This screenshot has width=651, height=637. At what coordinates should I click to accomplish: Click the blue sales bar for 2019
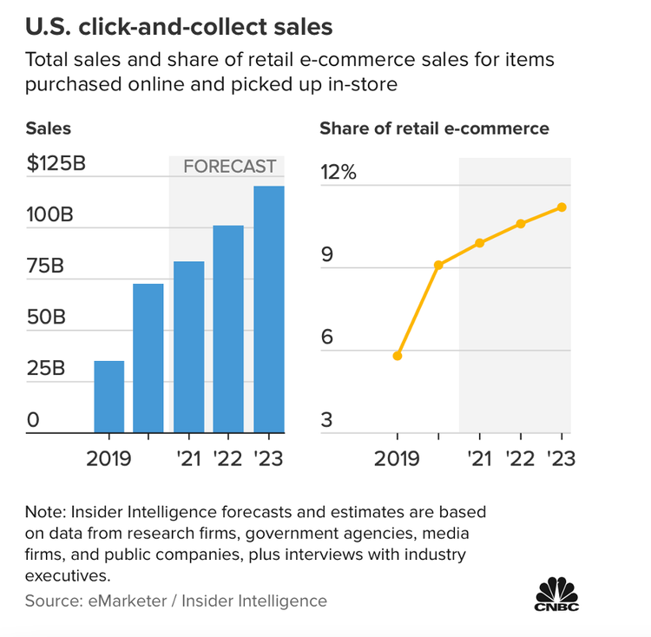108,397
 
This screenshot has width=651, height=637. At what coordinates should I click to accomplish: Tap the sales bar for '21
188,346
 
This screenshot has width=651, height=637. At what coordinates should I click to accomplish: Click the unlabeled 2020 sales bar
148,358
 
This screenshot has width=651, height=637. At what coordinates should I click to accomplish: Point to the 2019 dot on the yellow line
398,356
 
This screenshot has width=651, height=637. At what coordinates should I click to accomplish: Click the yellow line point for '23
562,207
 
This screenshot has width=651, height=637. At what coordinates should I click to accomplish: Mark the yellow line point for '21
479,243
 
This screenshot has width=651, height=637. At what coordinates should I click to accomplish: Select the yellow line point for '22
521,224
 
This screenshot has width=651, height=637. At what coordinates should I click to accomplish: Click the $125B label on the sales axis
56,164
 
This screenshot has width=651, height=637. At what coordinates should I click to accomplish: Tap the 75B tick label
45,266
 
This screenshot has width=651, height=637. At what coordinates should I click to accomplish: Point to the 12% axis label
338,172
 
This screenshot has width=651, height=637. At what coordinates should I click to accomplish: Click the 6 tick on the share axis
326,338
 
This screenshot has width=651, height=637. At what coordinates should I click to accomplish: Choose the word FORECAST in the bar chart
229,167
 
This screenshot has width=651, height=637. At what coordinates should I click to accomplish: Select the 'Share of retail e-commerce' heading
434,128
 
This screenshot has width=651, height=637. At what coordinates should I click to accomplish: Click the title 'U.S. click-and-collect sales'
179,27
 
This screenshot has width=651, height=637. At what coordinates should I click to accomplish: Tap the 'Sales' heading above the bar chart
48,128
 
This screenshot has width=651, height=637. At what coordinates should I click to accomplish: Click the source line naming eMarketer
176,601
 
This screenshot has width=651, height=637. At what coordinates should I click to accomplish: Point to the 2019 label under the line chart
398,457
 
